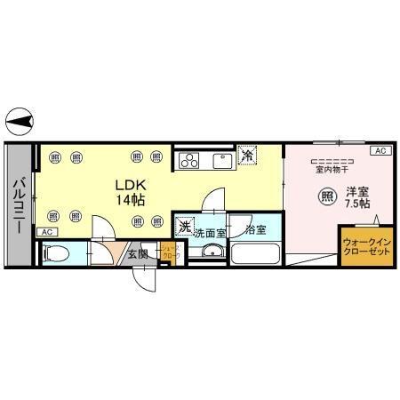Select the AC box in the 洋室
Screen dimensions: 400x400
point(380,151)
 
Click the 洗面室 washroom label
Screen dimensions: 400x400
point(210,230)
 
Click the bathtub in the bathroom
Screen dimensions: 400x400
point(257,254)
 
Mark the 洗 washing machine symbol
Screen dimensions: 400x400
point(184,227)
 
